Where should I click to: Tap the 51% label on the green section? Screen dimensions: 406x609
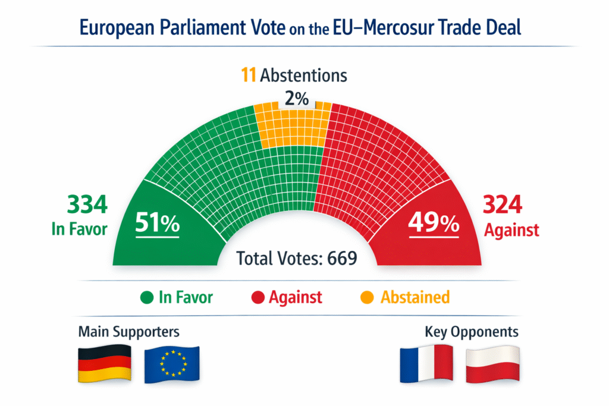pyautogui.click(x=157, y=224)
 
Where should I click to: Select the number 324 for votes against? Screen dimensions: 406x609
pyautogui.click(x=503, y=205)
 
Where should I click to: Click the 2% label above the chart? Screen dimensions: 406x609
pyautogui.click(x=296, y=98)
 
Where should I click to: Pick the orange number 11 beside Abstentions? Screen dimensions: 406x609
pyautogui.click(x=249, y=75)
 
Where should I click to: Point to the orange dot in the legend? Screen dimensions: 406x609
pyautogui.click(x=368, y=297)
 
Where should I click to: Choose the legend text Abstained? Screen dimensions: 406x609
pyautogui.click(x=415, y=297)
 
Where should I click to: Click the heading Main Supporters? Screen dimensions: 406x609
pyautogui.click(x=128, y=331)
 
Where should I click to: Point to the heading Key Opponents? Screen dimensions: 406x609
pyautogui.click(x=472, y=331)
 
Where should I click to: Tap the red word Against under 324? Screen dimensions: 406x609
pyautogui.click(x=511, y=230)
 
